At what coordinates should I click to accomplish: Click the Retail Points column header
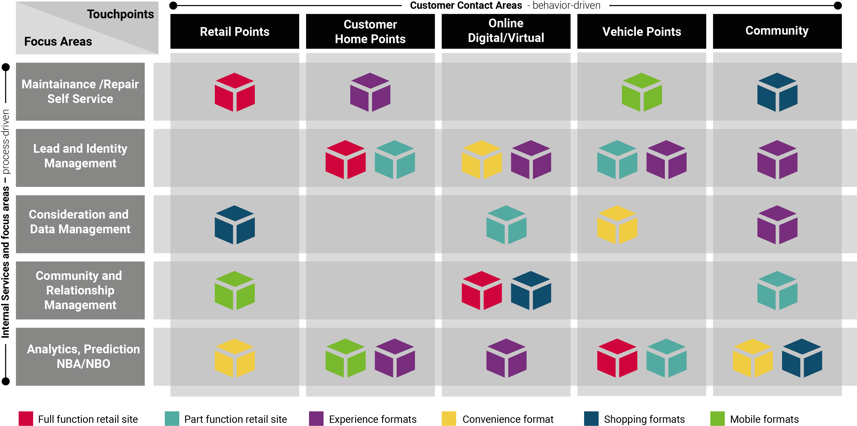pyautogui.click(x=235, y=31)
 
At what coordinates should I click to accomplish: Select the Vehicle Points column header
pyautogui.click(x=641, y=31)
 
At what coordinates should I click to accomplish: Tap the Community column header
pyautogui.click(x=777, y=30)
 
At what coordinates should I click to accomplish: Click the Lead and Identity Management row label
pyautogui.click(x=80, y=156)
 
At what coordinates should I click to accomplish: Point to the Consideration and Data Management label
pyautogui.click(x=80, y=222)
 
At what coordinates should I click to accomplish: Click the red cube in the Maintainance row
pyautogui.click(x=235, y=92)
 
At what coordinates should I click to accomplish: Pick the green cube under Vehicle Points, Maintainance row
pyautogui.click(x=641, y=92)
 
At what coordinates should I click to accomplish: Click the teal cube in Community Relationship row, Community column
pyautogui.click(x=777, y=290)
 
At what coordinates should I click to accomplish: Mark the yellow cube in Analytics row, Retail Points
pyautogui.click(x=235, y=358)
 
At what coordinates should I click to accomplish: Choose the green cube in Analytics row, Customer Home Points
pyautogui.click(x=345, y=358)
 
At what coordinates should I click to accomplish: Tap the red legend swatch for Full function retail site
pyautogui.click(x=26, y=419)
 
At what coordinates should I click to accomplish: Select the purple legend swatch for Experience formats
pyautogui.click(x=316, y=419)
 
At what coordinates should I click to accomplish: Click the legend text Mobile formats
pyautogui.click(x=764, y=419)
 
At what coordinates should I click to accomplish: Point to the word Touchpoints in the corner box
pyautogui.click(x=120, y=14)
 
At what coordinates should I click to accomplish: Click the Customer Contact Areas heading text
pyautogui.click(x=466, y=5)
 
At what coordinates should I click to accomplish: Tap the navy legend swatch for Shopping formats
pyautogui.click(x=591, y=419)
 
